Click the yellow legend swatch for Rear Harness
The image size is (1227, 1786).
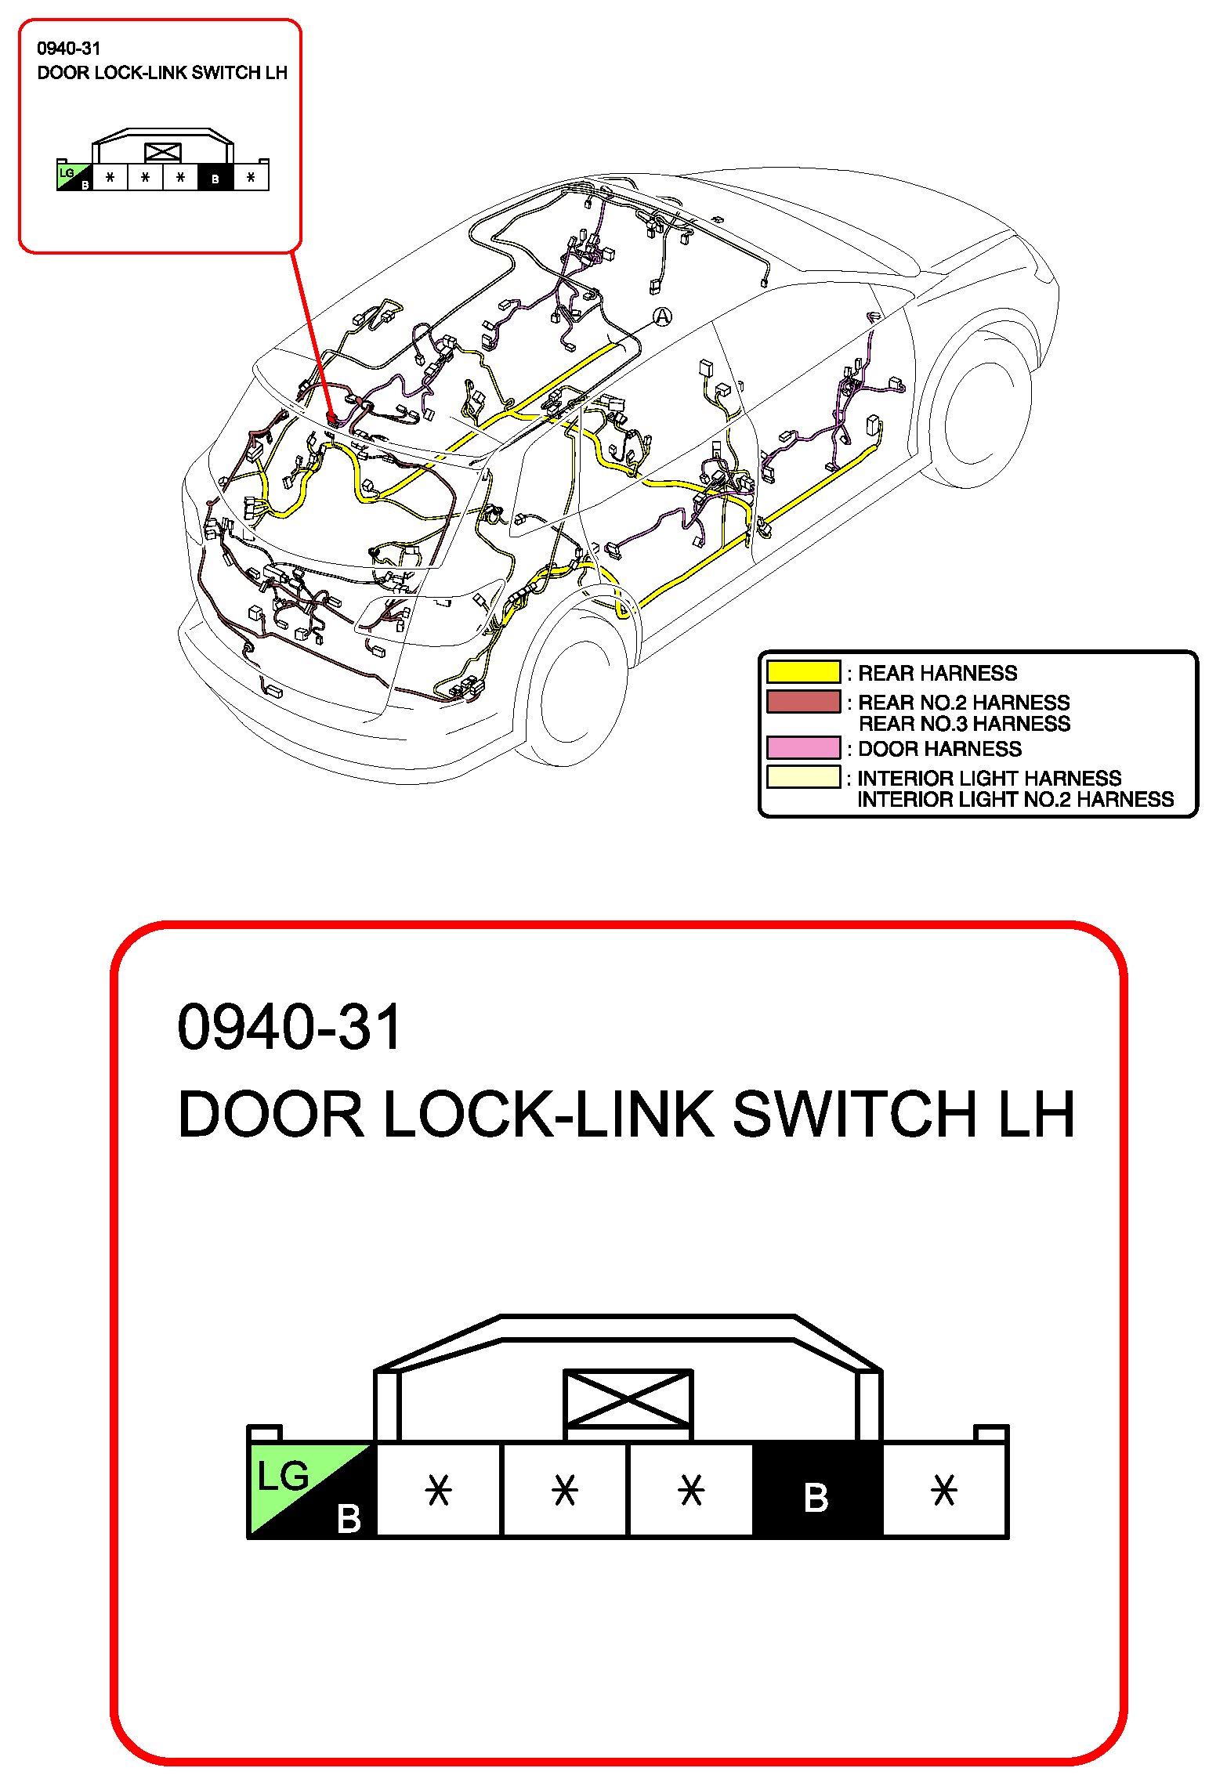[803, 672]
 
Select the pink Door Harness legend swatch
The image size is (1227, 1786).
[803, 748]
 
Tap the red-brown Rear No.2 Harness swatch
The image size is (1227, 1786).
[803, 701]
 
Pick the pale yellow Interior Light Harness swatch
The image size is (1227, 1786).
[803, 777]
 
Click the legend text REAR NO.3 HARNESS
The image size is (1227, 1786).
[964, 724]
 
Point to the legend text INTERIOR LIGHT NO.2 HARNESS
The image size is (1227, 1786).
[1015, 800]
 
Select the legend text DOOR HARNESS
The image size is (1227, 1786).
[939, 749]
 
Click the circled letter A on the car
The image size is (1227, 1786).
[663, 316]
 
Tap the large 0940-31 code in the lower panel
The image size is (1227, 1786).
[289, 1027]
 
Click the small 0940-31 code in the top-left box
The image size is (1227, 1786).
[69, 49]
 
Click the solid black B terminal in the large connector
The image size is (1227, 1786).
[816, 1490]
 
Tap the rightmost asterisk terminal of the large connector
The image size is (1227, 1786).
[944, 1490]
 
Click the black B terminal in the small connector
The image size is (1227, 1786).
[215, 178]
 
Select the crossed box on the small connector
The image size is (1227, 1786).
[163, 152]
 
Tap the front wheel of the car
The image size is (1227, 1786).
[983, 407]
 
